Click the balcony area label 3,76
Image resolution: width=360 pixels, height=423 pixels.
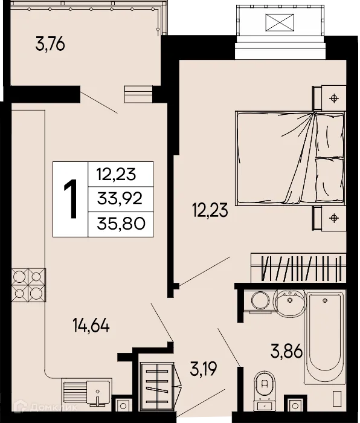coord(50,45)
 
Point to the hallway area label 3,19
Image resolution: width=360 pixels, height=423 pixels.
coord(204,367)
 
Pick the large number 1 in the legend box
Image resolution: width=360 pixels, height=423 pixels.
coord(71,199)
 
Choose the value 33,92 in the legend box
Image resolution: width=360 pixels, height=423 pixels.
coord(120,199)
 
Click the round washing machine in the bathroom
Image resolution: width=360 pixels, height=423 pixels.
coord(259,301)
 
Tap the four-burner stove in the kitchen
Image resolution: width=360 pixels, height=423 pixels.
coord(28,285)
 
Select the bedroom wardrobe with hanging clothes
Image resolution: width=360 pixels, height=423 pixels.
coord(297,268)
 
